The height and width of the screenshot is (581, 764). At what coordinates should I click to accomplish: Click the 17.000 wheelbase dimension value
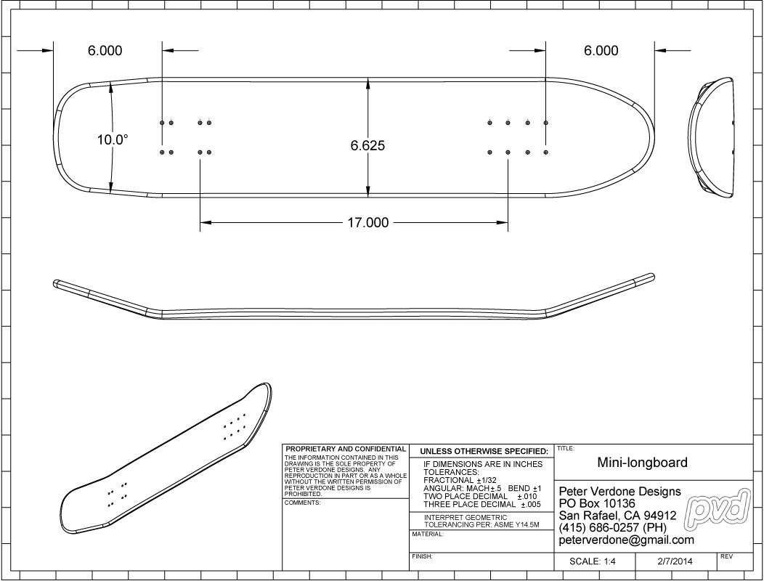tap(368, 223)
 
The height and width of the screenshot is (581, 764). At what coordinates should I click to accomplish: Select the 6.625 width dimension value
tap(368, 145)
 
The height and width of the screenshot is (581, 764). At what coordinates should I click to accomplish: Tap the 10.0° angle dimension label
tap(113, 140)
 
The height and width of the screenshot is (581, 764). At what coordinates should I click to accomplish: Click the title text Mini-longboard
tap(642, 462)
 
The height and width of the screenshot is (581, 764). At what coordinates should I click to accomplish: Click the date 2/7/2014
tap(675, 561)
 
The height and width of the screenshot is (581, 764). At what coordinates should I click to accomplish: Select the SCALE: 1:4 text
tap(593, 561)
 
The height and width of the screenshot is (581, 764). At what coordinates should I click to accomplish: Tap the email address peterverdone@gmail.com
tap(627, 540)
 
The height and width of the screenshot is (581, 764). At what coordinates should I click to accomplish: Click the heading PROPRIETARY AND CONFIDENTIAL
tap(346, 449)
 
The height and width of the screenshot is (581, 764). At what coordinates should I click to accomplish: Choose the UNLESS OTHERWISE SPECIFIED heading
tap(484, 451)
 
